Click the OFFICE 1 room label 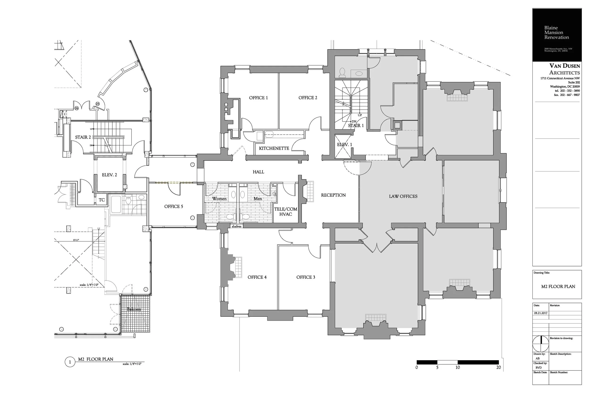click(x=258, y=98)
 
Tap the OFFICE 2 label click(x=308, y=98)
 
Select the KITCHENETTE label click(x=274, y=148)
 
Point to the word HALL click(x=258, y=172)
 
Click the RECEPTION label click(x=333, y=195)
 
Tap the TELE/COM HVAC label click(x=286, y=212)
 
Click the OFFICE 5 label click(x=174, y=207)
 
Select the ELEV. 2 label click(x=109, y=175)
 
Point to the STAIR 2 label click(x=83, y=137)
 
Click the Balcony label click(x=134, y=309)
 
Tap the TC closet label click(x=101, y=200)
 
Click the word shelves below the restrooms click(x=236, y=227)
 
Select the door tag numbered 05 click(x=97, y=104)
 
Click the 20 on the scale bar click(x=498, y=368)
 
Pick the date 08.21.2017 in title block click(x=541, y=313)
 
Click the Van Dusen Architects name click(x=565, y=69)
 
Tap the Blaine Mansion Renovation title click(x=556, y=33)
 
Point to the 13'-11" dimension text click(x=76, y=240)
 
